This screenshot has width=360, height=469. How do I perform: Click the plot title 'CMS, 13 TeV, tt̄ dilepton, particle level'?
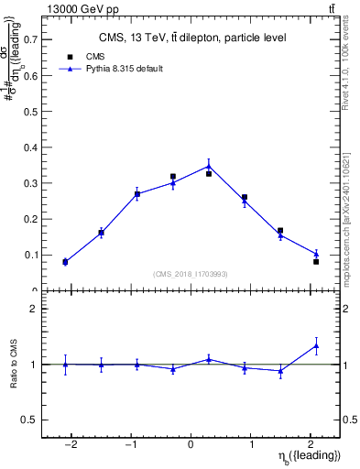[x=192, y=38]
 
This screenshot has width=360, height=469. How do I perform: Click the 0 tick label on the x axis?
[x=191, y=444]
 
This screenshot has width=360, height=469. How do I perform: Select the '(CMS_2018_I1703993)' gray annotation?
[x=191, y=274]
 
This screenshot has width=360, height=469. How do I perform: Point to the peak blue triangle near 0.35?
[x=209, y=166]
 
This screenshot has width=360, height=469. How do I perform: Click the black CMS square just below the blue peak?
[x=209, y=173]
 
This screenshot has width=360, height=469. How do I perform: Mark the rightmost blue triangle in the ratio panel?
[x=316, y=345]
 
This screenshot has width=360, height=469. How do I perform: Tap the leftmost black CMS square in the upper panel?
[x=65, y=262]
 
